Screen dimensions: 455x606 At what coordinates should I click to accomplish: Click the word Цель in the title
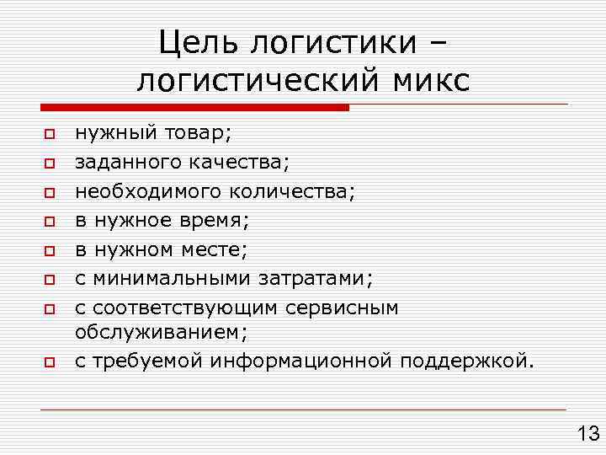[198, 41]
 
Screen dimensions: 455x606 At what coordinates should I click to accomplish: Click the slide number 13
[586, 433]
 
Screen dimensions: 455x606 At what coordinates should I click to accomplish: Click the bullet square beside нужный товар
[50, 134]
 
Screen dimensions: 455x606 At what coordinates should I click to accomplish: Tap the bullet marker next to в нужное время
[50, 222]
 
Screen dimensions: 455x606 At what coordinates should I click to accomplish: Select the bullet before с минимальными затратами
[50, 279]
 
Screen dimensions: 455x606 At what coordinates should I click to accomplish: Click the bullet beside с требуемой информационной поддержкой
[50, 363]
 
